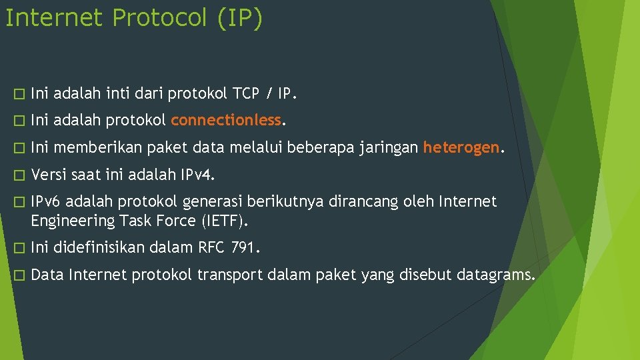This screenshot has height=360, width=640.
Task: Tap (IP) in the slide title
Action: click(x=239, y=18)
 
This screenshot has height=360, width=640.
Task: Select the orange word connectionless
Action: click(x=226, y=120)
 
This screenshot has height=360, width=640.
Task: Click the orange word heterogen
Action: click(x=461, y=147)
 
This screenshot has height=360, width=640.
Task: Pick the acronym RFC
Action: click(x=212, y=248)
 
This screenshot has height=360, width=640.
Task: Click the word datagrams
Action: click(x=495, y=275)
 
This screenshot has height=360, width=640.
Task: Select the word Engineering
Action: click(x=73, y=220)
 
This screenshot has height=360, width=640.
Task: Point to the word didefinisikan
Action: click(x=99, y=248)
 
